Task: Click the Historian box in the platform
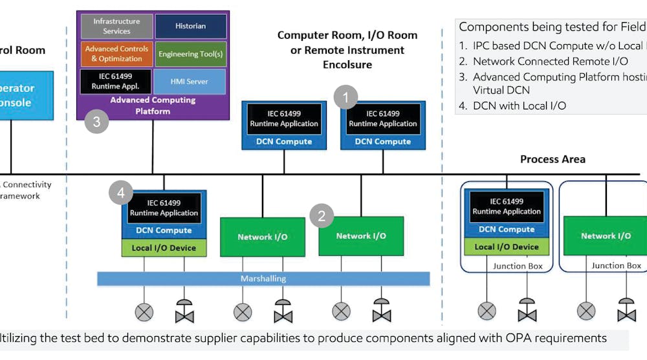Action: [x=191, y=27]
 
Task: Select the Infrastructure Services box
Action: [x=116, y=27]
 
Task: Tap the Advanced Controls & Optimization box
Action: [x=116, y=54]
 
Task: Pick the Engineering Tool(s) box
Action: [x=191, y=54]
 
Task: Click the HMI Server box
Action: [x=191, y=82]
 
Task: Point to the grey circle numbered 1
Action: [x=346, y=98]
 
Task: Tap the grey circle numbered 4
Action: [x=121, y=192]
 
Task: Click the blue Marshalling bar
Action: [x=263, y=279]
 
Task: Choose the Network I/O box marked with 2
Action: [x=361, y=236]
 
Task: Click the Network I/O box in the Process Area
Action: [x=606, y=236]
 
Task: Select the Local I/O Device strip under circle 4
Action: [x=164, y=248]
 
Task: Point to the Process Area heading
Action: [x=553, y=159]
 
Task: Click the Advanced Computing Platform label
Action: [x=153, y=106]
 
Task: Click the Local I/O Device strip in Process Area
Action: [x=507, y=247]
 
